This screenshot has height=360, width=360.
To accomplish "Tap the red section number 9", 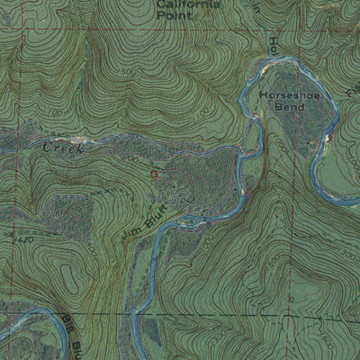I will [155, 172].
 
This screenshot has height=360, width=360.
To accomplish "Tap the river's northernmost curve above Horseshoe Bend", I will [270, 62].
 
